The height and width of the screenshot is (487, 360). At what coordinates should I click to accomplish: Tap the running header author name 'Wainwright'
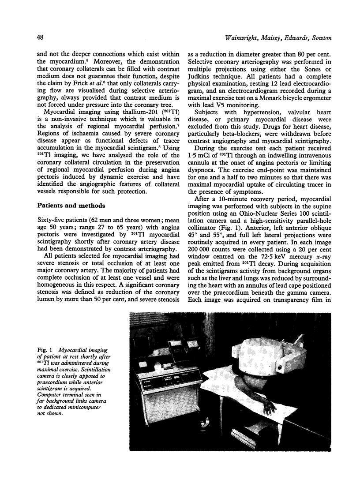241,38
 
